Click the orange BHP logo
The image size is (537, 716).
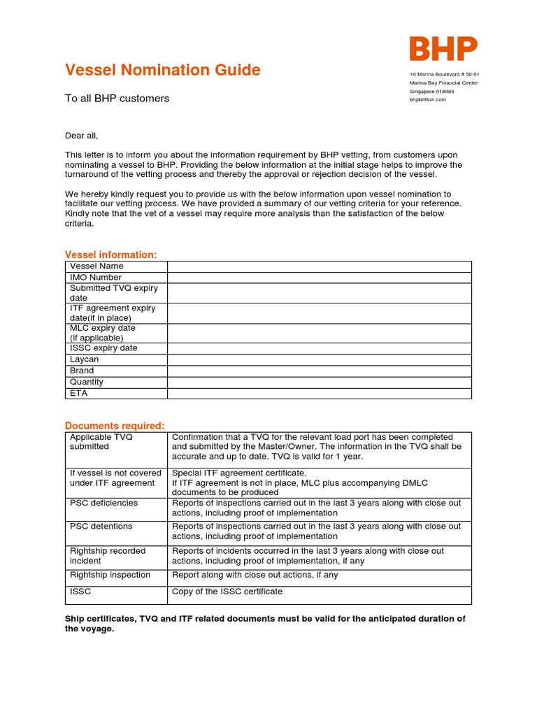[x=443, y=49]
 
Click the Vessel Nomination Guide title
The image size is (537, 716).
[x=162, y=70]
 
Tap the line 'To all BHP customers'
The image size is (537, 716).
[x=117, y=99]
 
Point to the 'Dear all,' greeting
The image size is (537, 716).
[x=82, y=136]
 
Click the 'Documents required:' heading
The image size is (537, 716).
[x=115, y=425]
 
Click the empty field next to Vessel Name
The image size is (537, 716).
[x=319, y=266]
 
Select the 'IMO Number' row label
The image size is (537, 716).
[x=96, y=278]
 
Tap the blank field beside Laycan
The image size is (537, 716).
[x=319, y=359]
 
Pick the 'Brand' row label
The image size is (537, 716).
[x=82, y=371]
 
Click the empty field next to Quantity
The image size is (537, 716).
[x=319, y=382]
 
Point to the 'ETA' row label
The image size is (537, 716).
[x=78, y=393]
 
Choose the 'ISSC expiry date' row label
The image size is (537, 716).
[x=103, y=348]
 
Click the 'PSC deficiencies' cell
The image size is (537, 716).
[x=103, y=503]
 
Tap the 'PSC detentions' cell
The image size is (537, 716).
[x=101, y=527]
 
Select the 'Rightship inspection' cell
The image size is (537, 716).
[x=110, y=575]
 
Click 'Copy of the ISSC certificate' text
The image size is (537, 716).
[x=227, y=592]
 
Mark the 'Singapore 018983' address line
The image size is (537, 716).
[x=431, y=91]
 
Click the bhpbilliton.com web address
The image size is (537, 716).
[x=427, y=99]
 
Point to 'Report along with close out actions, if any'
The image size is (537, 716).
[x=255, y=575]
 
